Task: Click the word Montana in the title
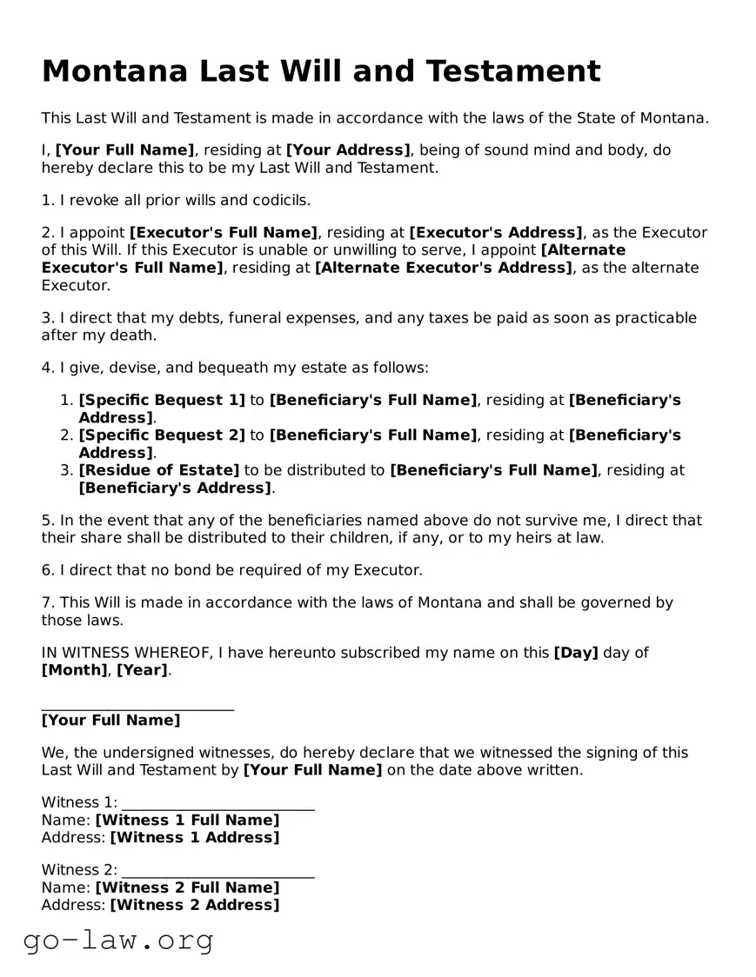click(114, 71)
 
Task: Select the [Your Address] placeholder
click(348, 150)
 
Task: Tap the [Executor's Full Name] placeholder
click(224, 233)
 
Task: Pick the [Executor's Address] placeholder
click(496, 233)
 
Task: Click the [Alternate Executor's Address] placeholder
click(444, 268)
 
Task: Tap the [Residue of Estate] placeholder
click(159, 470)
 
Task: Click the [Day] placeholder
click(576, 653)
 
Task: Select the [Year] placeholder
click(143, 670)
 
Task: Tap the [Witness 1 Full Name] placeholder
click(187, 821)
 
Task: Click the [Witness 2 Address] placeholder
click(195, 906)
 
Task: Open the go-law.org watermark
click(118, 940)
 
